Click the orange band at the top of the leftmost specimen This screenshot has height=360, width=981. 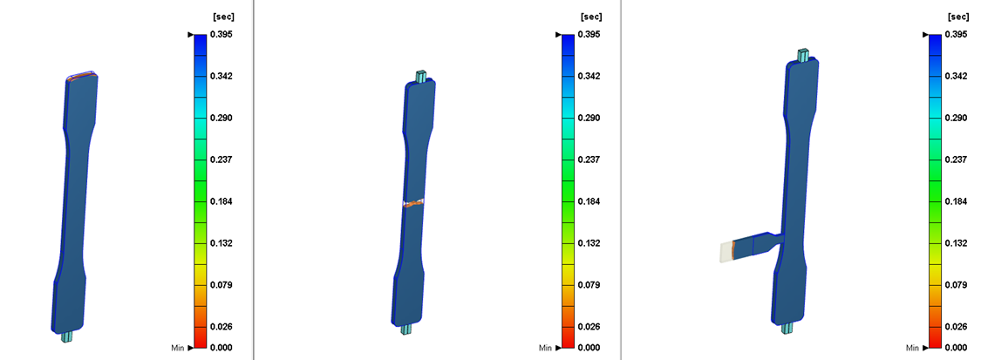point(81,77)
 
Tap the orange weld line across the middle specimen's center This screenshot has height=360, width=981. point(415,202)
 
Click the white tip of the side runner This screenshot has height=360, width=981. point(725,252)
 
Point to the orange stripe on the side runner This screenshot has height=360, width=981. point(734,249)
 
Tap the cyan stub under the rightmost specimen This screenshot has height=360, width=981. point(787,328)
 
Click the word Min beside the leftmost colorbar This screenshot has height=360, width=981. point(177,348)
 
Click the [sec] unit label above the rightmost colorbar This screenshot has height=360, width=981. point(957,17)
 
